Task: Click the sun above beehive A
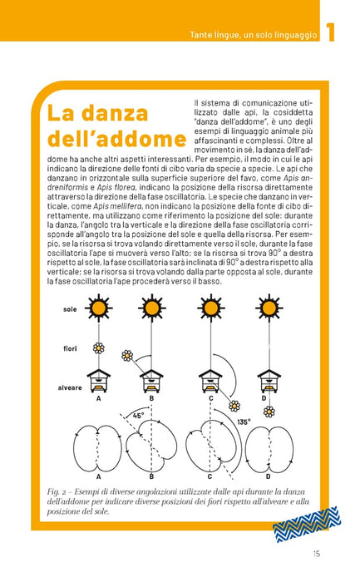pyautogui.click(x=99, y=308)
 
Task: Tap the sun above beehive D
pyautogui.click(x=269, y=308)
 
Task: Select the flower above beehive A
pyautogui.click(x=99, y=348)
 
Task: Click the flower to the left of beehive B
pyautogui.click(x=127, y=355)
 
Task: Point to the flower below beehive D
pyautogui.click(x=269, y=412)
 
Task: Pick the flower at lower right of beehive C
pyautogui.click(x=234, y=406)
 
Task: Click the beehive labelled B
pyautogui.click(x=151, y=381)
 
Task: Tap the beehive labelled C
pyautogui.click(x=210, y=381)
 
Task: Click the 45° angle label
pyautogui.click(x=139, y=416)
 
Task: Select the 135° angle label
pyautogui.click(x=244, y=422)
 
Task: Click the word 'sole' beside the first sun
pyautogui.click(x=70, y=309)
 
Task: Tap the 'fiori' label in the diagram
pyautogui.click(x=70, y=348)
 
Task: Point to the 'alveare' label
pyautogui.click(x=70, y=388)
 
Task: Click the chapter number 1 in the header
pyautogui.click(x=330, y=32)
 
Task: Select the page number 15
pyautogui.click(x=316, y=554)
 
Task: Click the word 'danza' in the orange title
pyautogui.click(x=114, y=113)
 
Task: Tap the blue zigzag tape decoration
pyautogui.click(x=307, y=524)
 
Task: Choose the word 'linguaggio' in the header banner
pyautogui.click(x=296, y=35)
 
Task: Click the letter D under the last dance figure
pyautogui.click(x=269, y=476)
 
